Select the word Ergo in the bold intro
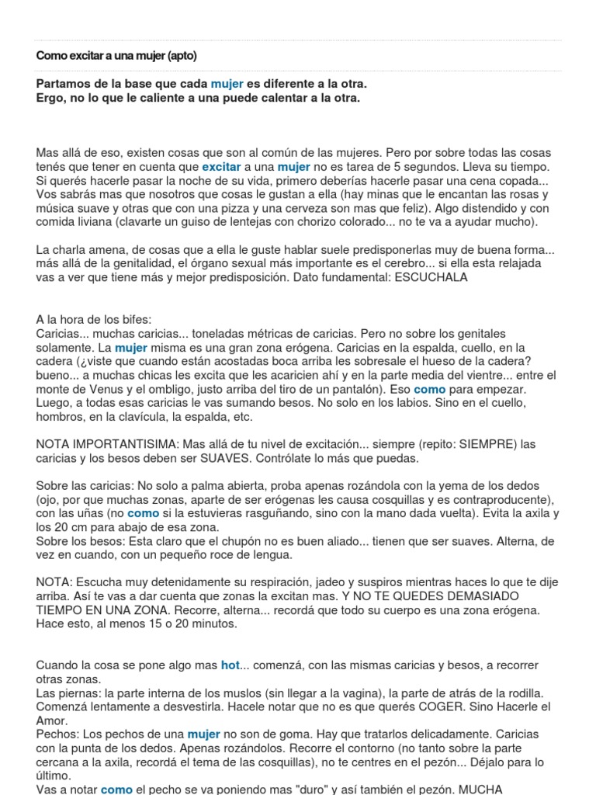(x=50, y=98)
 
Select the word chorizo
(x=338, y=222)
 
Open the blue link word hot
(x=230, y=665)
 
